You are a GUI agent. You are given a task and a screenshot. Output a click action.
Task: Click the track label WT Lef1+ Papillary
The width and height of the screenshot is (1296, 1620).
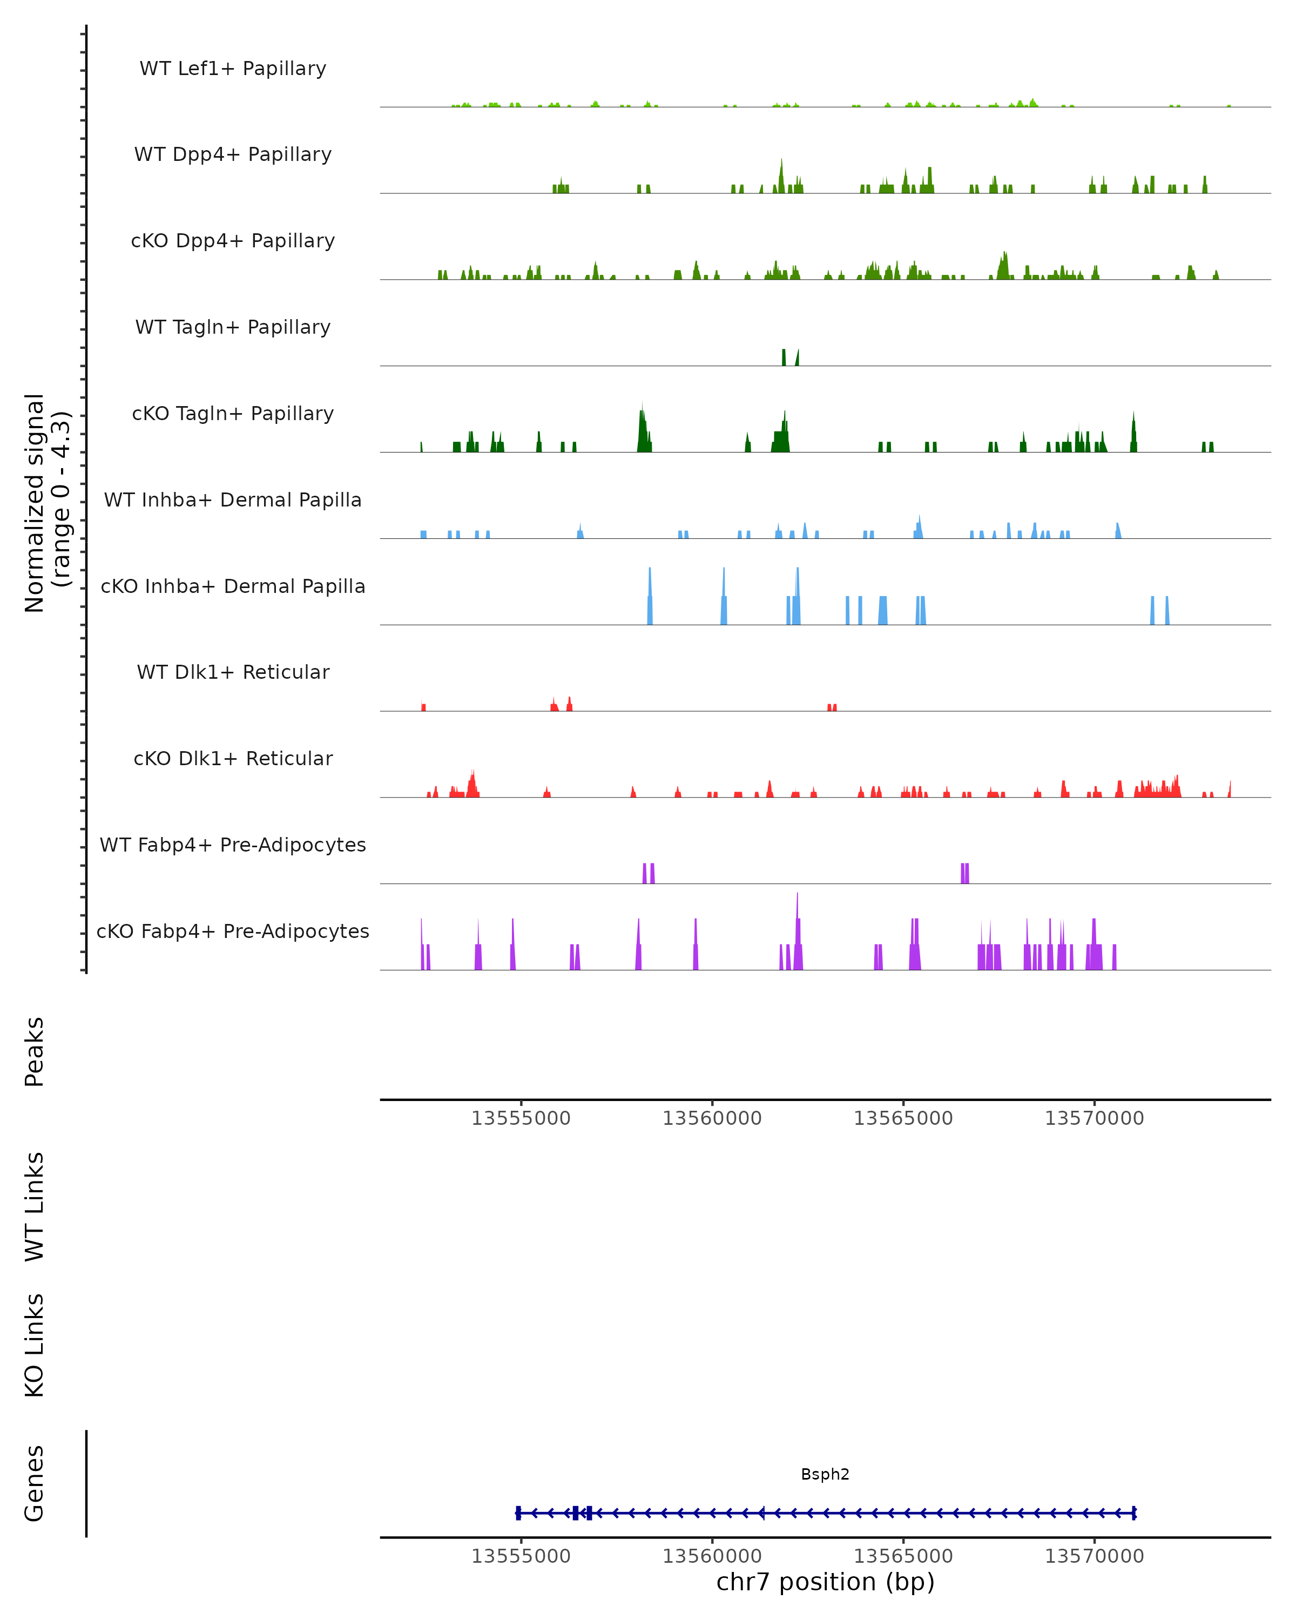tap(233, 69)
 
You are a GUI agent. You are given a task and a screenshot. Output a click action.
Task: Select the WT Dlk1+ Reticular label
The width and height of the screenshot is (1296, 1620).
tap(233, 672)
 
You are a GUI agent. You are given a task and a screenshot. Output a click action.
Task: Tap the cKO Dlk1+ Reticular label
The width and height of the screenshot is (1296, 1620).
tap(233, 758)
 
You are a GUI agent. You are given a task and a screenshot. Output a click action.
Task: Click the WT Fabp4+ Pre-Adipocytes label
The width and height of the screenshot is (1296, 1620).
tap(233, 845)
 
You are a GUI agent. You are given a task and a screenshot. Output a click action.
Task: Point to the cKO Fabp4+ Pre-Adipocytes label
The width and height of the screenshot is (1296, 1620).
tap(233, 931)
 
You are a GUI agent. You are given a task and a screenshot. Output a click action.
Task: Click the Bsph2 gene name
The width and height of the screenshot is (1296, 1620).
tap(825, 1474)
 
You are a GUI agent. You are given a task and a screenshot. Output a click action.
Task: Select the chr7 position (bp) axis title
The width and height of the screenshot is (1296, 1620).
tap(825, 1582)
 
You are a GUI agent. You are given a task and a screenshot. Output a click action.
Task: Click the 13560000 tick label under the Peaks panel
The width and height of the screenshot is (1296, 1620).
tap(712, 1118)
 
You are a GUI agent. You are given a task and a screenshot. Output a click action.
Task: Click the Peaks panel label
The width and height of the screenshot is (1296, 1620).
tap(35, 1051)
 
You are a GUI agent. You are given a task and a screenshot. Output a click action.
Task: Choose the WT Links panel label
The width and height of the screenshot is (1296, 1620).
tap(35, 1206)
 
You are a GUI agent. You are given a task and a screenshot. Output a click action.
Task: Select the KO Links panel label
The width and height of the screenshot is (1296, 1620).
tap(35, 1345)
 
